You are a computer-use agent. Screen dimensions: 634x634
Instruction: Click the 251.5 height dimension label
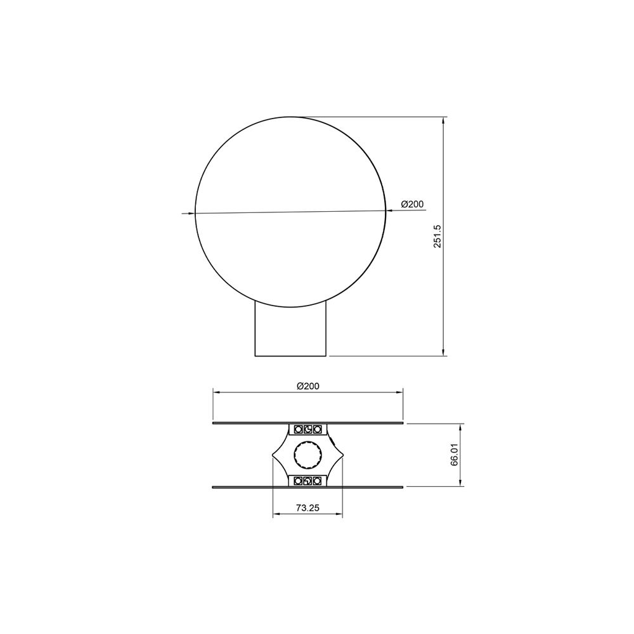pos(437,236)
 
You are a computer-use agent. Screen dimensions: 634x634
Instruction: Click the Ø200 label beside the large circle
pos(412,204)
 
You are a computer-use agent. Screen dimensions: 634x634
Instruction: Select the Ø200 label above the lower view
pos(307,386)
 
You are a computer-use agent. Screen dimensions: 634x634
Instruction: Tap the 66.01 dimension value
pos(455,455)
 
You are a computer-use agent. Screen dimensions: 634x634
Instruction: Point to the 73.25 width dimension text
pos(307,508)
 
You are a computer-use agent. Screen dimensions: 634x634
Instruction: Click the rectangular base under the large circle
pos(290,329)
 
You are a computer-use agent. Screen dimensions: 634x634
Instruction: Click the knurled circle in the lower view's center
pos(307,455)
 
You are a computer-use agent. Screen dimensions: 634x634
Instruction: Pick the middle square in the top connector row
pos(307,429)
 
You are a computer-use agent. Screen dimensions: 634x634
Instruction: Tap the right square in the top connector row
pos(318,429)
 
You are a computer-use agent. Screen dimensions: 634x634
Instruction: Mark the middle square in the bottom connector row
pos(307,481)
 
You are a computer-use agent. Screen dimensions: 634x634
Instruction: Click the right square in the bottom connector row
pos(318,481)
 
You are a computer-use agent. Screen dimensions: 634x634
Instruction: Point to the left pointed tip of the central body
pos(273,455)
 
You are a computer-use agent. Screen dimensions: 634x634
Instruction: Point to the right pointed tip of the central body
pos(342,455)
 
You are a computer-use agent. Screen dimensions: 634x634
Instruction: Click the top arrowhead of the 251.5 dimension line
pos(443,120)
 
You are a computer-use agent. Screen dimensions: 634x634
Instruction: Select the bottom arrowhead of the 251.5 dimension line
pos(443,352)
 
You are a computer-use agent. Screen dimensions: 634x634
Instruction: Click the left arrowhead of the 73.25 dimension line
pos(276,515)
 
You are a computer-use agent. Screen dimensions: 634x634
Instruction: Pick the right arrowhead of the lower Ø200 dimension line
pos(400,392)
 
